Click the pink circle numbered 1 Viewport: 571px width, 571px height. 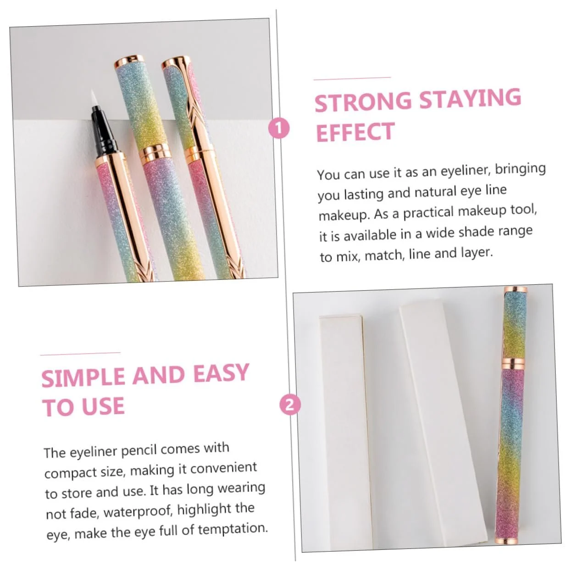(x=278, y=128)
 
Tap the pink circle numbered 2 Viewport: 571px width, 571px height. (x=290, y=405)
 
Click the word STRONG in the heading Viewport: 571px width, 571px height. (x=363, y=102)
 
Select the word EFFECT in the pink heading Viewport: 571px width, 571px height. (x=355, y=132)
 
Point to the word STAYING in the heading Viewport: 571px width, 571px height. (x=470, y=98)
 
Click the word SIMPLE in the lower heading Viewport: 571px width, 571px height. (x=83, y=377)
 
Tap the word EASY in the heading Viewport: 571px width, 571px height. (x=221, y=373)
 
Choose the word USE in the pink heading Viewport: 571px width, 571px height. (x=103, y=406)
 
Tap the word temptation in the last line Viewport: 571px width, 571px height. (x=233, y=529)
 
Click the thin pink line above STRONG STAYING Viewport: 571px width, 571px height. (x=352, y=78)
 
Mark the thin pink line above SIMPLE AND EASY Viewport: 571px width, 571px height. (x=80, y=354)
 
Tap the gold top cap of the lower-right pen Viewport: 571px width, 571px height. (x=516, y=289)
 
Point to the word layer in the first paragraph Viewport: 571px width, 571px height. (x=477, y=252)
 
